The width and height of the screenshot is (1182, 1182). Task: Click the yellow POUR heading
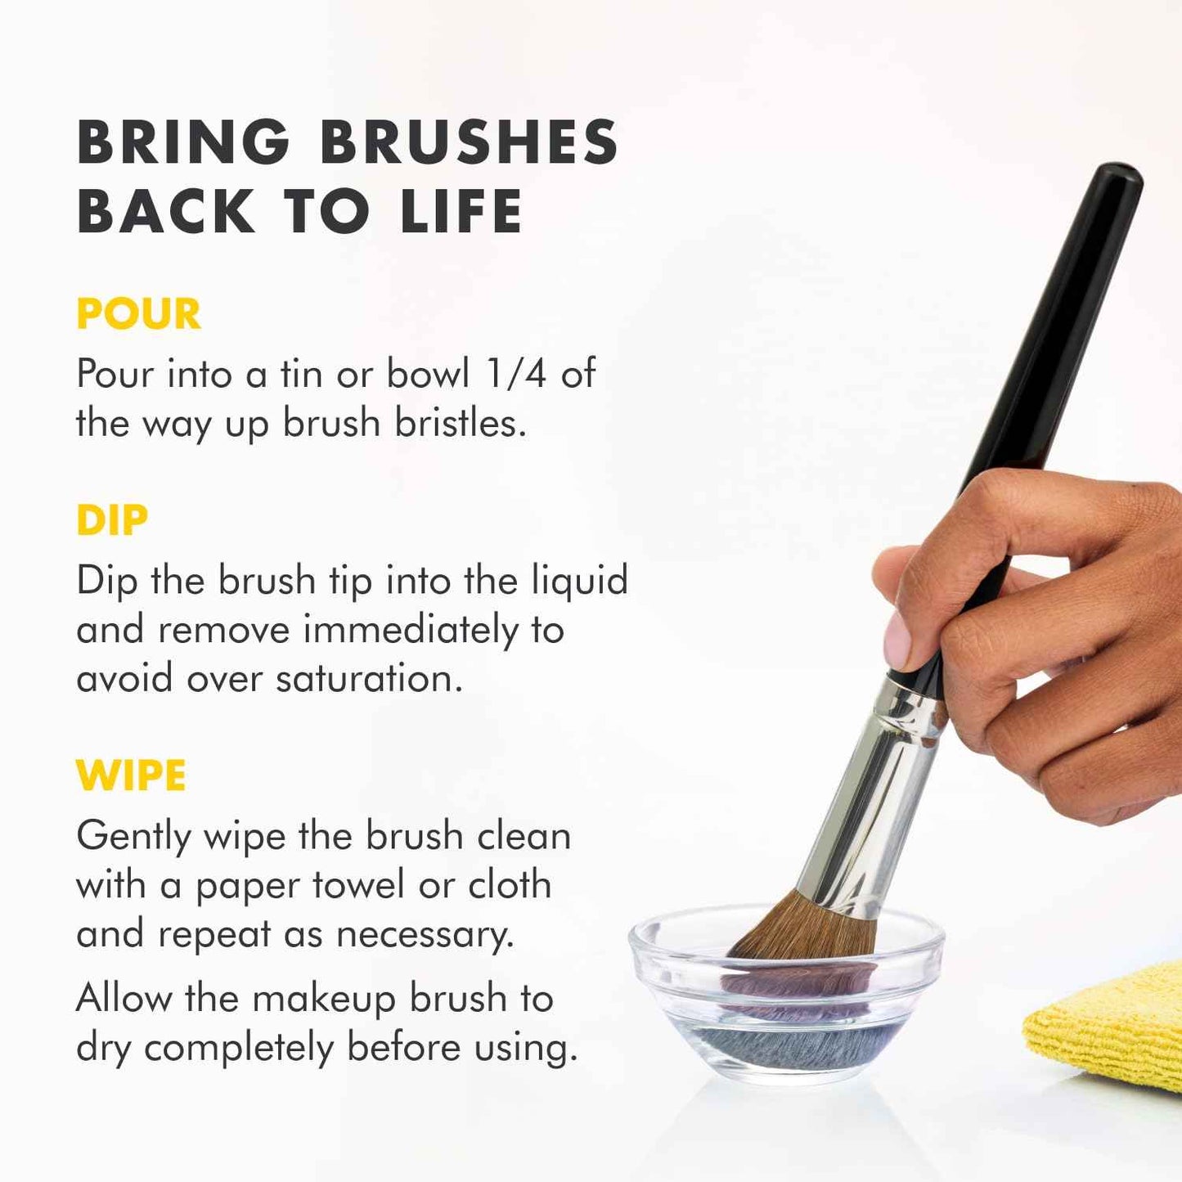click(138, 314)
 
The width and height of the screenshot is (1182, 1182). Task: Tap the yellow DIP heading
click(112, 520)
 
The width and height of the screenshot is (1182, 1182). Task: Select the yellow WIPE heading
click(131, 775)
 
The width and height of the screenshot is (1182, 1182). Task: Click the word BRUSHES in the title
click(469, 142)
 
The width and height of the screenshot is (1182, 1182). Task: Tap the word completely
click(239, 1049)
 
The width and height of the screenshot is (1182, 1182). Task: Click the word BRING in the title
click(183, 142)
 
